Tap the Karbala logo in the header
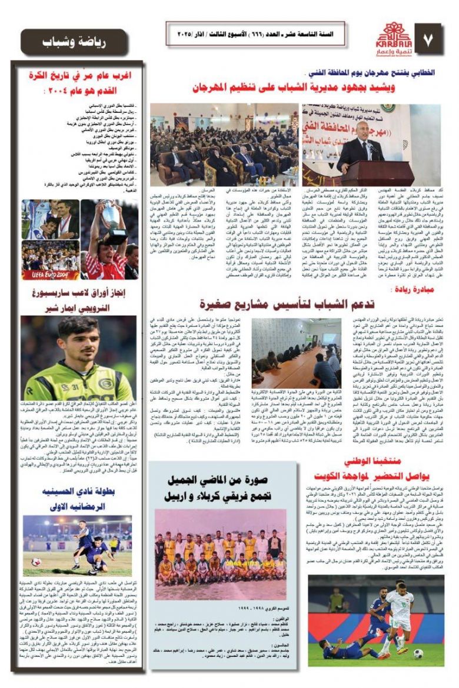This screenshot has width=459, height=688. pyautogui.click(x=388, y=39)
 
